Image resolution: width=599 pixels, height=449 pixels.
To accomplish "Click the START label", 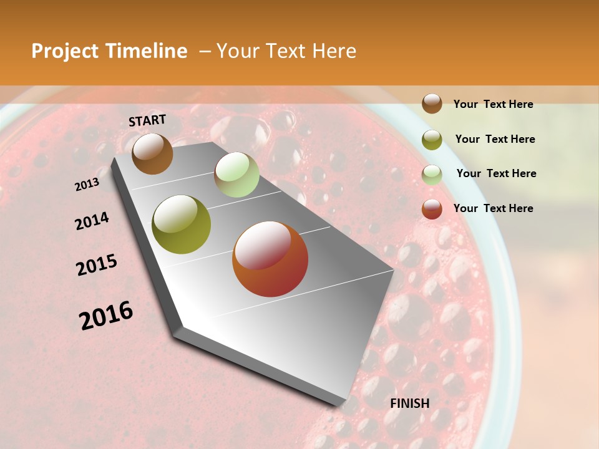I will (147, 120).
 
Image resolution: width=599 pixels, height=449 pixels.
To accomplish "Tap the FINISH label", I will (410, 403).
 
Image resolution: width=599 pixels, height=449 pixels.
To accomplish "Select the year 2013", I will (87, 184).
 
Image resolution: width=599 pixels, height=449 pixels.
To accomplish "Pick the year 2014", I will (92, 221).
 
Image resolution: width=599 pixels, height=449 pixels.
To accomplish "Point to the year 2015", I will (97, 265).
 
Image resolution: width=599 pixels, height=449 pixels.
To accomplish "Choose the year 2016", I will (106, 316).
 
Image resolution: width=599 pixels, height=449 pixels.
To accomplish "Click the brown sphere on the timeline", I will (152, 153).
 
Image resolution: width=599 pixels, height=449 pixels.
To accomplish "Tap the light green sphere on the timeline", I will (236, 175).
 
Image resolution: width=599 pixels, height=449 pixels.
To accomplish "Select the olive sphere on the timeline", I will (181, 224).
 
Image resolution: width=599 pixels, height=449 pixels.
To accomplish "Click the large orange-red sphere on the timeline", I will (270, 259).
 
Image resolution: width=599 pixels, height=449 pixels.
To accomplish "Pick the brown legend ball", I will (432, 104).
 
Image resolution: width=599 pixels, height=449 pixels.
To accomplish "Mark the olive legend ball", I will (432, 140).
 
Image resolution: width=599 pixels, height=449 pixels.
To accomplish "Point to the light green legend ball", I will (432, 175).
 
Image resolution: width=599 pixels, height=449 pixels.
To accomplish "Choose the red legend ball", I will (432, 209).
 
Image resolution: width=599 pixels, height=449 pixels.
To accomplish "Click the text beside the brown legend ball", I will (493, 104).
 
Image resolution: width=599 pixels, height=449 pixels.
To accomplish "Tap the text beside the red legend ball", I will (493, 208).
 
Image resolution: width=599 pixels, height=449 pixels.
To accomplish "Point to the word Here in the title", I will (334, 51).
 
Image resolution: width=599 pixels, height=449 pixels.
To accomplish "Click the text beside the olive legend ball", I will (495, 139).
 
